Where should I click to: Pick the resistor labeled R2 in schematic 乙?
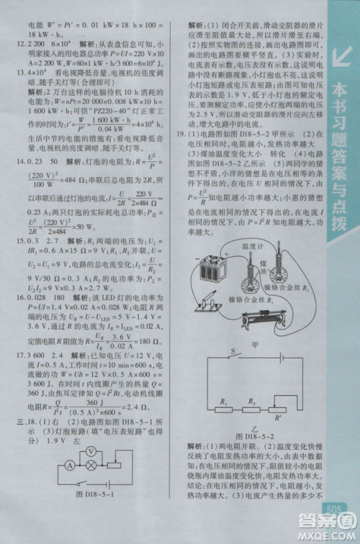tap(253, 408)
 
